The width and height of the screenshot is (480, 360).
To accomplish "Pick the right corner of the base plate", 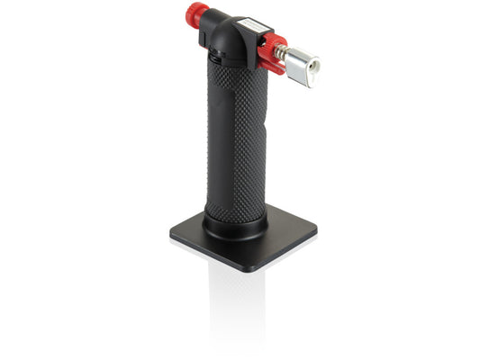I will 314,233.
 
